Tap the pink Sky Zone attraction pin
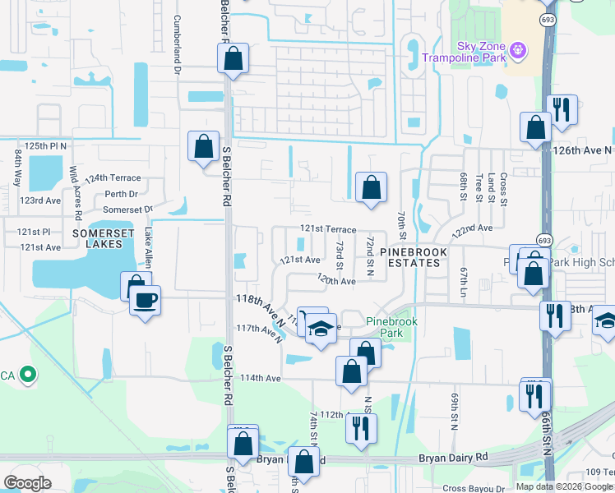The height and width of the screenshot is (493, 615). [517, 51]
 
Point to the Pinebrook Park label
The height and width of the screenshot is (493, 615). [386, 327]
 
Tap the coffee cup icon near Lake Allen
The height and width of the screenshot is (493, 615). [146, 300]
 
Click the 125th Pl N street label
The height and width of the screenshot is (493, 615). [45, 145]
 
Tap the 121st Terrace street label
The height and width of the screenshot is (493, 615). [328, 230]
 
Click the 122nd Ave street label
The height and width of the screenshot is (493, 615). [471, 228]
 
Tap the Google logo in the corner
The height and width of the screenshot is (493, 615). [27, 483]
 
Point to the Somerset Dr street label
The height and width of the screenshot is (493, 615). [130, 210]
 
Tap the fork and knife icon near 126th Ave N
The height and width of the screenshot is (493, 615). [562, 109]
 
